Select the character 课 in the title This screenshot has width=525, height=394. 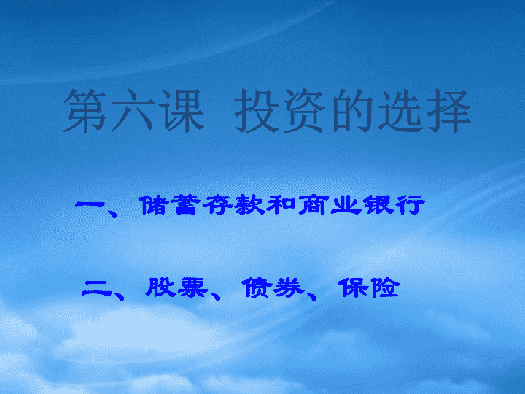click(x=181, y=111)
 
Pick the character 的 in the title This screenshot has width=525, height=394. click(x=353, y=111)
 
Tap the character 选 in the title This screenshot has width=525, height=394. click(x=400, y=111)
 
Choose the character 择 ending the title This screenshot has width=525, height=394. click(x=448, y=111)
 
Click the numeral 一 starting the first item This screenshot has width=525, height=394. click(x=89, y=204)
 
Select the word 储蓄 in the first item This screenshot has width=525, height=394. click(x=168, y=205)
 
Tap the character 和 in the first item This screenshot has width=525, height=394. click(x=281, y=205)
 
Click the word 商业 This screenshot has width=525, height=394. click(x=330, y=205)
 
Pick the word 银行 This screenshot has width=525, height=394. click(x=394, y=205)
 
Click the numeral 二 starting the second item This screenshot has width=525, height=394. click(x=96, y=288)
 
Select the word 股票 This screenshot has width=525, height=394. click(x=177, y=287)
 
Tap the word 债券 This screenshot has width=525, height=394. click(x=273, y=287)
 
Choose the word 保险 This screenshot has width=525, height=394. click(x=369, y=287)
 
